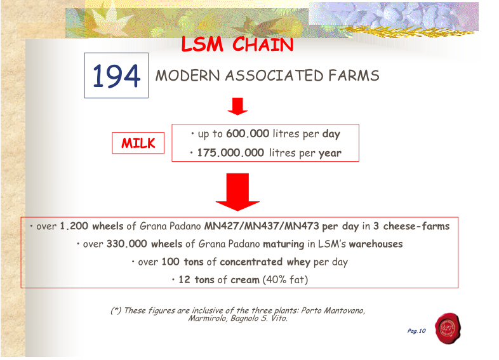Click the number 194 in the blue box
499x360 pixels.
(x=116, y=76)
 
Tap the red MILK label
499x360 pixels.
(x=138, y=143)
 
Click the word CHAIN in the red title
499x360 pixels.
(x=263, y=44)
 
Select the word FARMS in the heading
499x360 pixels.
(x=354, y=76)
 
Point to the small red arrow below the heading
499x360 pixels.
(x=237, y=106)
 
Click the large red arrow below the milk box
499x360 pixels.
(x=237, y=192)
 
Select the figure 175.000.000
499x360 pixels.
(x=230, y=153)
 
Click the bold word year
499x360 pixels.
(x=330, y=154)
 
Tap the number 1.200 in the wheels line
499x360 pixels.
(x=74, y=226)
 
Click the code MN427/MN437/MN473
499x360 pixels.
(x=262, y=226)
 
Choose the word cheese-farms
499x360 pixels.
(x=416, y=226)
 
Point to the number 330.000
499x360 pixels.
(x=127, y=244)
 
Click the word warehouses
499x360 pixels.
(x=376, y=244)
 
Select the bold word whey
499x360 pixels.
(x=298, y=262)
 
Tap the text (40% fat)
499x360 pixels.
(x=285, y=280)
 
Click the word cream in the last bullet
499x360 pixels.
(x=245, y=280)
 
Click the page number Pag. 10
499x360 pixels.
(x=416, y=331)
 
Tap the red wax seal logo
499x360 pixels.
(x=448, y=328)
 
